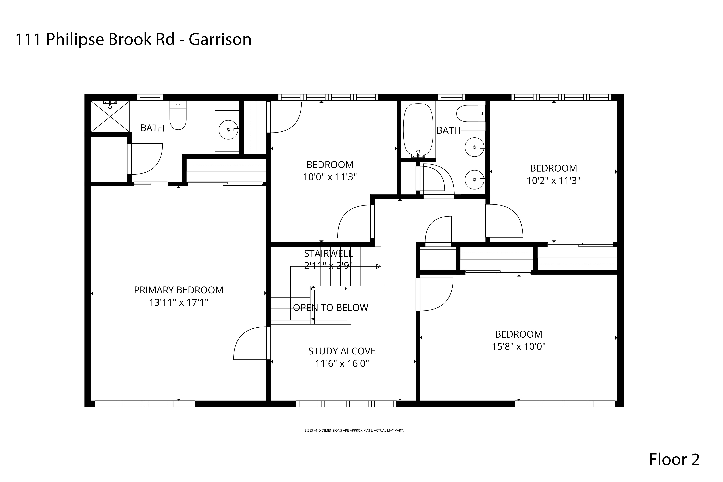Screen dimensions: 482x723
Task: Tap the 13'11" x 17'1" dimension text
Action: [179, 302]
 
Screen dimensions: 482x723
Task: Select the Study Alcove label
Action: [342, 351]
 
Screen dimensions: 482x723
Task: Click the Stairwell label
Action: [328, 253]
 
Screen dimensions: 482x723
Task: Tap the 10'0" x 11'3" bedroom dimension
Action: [330, 177]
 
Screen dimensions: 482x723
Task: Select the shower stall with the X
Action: [110, 116]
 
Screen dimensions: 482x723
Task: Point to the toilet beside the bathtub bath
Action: [470, 113]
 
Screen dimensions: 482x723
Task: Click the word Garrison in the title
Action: [220, 39]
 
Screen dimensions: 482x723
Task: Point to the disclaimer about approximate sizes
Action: [354, 430]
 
